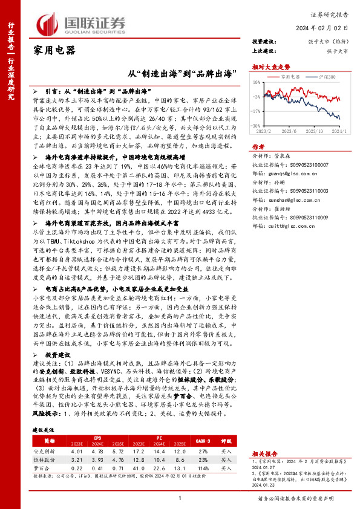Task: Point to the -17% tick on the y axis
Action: point(257,112)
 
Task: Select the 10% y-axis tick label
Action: point(257,80)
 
